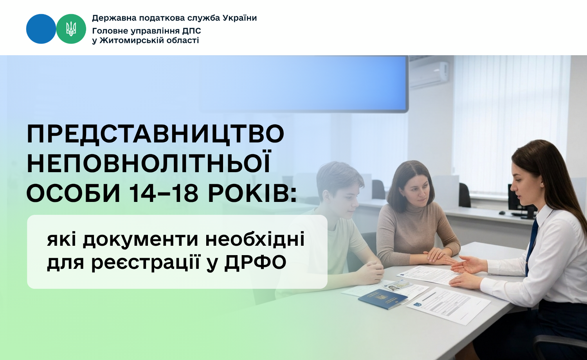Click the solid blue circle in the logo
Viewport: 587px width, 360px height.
coord(41,29)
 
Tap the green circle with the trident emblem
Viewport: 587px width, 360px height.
coord(71,29)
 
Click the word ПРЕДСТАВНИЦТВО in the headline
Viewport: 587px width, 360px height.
coord(156,134)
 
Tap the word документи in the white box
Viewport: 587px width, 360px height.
coord(140,239)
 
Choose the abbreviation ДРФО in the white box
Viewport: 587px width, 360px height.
coord(255,262)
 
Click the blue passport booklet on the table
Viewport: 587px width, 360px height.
coord(383,299)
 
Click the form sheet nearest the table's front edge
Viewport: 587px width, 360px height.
coord(448,306)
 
